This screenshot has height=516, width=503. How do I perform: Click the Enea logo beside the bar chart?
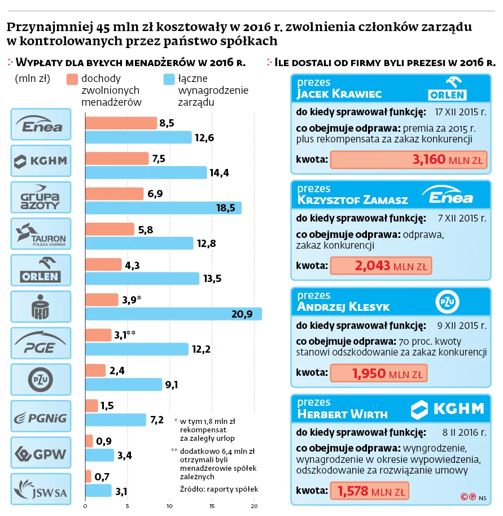point(41,124)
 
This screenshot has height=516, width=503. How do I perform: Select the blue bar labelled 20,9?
point(173,314)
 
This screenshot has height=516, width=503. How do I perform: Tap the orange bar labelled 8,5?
point(121,123)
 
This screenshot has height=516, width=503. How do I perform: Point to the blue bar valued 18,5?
point(163,208)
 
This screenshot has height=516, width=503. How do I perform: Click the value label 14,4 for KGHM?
point(219,173)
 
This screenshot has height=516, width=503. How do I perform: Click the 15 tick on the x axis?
point(212,506)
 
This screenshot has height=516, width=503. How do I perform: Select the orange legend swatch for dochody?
point(71,79)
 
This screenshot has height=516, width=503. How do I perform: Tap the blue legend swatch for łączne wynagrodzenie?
point(168,79)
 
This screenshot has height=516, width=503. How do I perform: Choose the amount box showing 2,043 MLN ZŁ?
point(380,266)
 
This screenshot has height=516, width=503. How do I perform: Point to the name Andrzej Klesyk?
point(343,307)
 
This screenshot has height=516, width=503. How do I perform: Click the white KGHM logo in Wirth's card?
point(447,408)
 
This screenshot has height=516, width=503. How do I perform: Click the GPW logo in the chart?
point(41,453)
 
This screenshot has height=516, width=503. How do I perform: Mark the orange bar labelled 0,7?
point(88,476)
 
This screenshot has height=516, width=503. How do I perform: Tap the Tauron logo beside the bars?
point(41,234)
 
